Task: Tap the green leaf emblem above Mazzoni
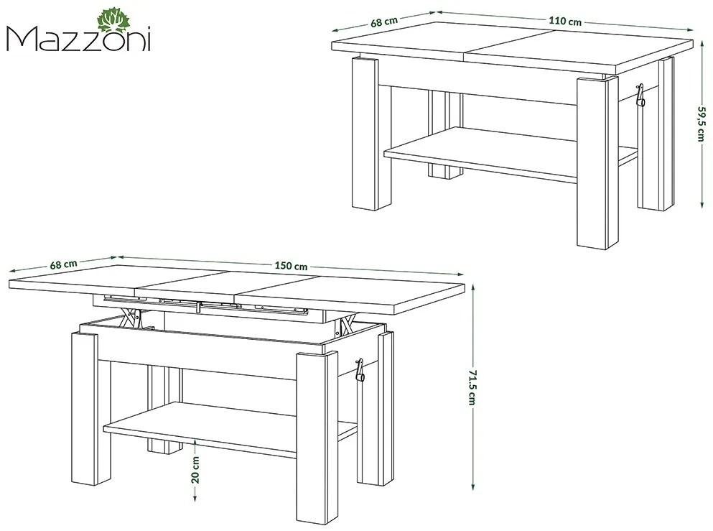113,19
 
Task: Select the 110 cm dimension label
565,21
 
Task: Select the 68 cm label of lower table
64,264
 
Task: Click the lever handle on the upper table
640,94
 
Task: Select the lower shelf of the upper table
503,152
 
